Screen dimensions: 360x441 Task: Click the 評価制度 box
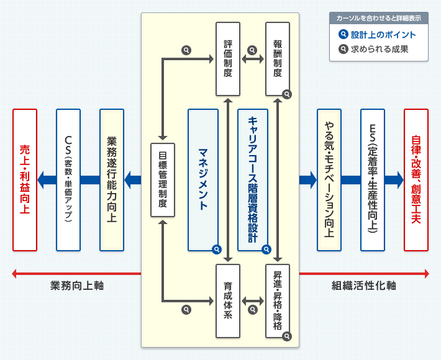click(x=228, y=59)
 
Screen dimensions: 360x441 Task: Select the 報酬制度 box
click(x=278, y=59)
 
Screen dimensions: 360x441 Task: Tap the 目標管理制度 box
click(x=161, y=179)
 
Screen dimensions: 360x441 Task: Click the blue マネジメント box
click(x=203, y=180)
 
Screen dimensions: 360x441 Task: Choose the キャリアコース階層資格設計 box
click(x=253, y=180)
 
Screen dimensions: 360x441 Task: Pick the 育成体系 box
click(x=228, y=300)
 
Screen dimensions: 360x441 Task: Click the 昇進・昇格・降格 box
click(x=278, y=300)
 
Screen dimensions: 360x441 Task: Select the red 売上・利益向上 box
click(x=25, y=180)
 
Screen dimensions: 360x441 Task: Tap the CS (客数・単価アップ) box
click(x=68, y=180)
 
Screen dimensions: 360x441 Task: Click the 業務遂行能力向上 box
click(x=112, y=180)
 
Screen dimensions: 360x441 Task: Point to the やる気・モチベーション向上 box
click(x=329, y=180)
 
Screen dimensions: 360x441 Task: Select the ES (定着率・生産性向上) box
click(x=373, y=180)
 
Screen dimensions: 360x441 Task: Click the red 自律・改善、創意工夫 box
click(x=416, y=180)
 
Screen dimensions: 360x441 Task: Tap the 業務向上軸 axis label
click(x=77, y=286)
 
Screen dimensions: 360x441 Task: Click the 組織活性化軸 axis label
click(x=364, y=286)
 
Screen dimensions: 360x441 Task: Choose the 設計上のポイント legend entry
click(x=378, y=35)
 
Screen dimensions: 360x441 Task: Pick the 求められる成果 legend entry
click(x=378, y=50)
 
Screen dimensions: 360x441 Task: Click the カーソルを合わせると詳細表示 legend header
click(x=378, y=19)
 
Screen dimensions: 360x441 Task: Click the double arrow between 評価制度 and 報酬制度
click(x=253, y=60)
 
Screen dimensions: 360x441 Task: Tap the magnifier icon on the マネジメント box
click(x=216, y=250)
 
